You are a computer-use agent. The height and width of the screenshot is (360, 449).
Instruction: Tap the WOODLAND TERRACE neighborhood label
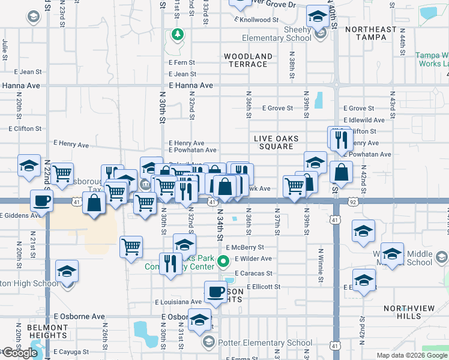point(249,61)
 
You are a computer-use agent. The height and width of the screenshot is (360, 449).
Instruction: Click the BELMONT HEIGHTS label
point(47,332)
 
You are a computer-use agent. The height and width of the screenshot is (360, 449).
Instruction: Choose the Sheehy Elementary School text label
point(277,38)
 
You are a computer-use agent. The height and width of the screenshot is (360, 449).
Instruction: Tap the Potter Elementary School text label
point(265,343)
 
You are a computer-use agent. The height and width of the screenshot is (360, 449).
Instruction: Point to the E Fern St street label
point(182,62)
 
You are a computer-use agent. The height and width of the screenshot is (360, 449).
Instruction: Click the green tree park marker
point(177,34)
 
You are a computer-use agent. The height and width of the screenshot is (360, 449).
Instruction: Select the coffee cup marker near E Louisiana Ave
point(216,292)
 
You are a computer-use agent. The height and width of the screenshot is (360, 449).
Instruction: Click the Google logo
point(19,353)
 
